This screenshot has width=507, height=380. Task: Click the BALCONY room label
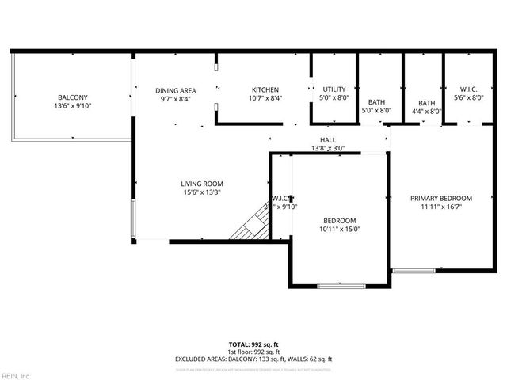tap(72, 97)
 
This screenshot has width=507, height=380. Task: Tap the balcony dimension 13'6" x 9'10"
tap(72, 105)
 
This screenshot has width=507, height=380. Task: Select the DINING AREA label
tap(175, 90)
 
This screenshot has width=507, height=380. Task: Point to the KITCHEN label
tap(265, 89)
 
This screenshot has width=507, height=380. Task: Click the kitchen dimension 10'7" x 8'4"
tap(265, 98)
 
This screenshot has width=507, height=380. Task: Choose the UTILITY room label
tap(334, 89)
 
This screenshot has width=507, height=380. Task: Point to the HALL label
tap(327, 139)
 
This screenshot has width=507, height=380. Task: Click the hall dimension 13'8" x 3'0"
tap(327, 148)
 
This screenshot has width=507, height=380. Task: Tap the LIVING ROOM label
tap(202, 184)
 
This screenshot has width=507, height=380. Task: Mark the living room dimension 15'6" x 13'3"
tap(202, 192)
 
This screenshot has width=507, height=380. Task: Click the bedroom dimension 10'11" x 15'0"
tap(339, 229)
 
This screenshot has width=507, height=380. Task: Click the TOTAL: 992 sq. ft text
tap(253, 344)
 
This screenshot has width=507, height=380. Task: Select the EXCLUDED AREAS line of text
tap(253, 359)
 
